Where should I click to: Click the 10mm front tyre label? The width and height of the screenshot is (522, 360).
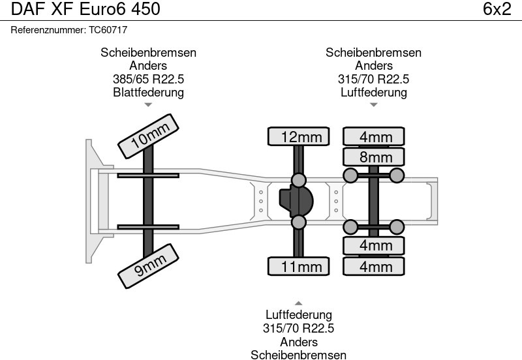[149, 138]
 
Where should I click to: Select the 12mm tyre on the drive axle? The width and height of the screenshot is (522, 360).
[298, 137]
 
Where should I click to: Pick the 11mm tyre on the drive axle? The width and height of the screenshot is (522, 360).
[298, 266]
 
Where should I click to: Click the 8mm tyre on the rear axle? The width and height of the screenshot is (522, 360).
[374, 157]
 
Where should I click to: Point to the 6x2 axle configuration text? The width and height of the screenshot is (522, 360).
[497, 9]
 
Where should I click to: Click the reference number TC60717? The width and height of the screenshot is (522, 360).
[109, 30]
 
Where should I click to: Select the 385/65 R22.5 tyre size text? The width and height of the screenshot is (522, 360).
[148, 79]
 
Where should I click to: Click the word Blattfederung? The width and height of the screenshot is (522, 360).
[148, 92]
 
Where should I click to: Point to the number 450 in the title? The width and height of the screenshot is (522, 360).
[144, 9]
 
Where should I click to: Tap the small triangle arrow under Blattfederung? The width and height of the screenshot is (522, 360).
[148, 104]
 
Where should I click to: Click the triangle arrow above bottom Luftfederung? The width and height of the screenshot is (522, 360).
[298, 303]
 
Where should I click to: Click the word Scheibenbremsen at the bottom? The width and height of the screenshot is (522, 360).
[298, 355]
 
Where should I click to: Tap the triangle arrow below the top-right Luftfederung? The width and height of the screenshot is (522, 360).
[374, 104]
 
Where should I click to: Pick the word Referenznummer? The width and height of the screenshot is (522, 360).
[48, 30]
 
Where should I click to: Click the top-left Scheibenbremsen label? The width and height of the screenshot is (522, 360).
[148, 53]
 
